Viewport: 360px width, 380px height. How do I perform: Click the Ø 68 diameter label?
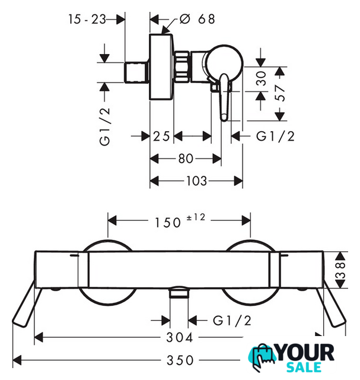tap(197, 19)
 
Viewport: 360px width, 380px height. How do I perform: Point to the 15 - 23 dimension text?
tap(87, 19)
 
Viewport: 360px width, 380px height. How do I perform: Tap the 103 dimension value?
tap(196, 180)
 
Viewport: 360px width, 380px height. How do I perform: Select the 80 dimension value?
tap(186, 159)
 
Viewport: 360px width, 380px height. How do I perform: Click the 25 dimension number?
tap(161, 136)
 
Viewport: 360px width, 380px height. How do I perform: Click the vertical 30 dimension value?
tap(261, 78)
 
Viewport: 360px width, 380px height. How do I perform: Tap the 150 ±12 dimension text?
tap(180, 221)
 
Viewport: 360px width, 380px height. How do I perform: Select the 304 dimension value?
tap(180, 337)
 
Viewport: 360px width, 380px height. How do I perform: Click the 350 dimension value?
tap(180, 360)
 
